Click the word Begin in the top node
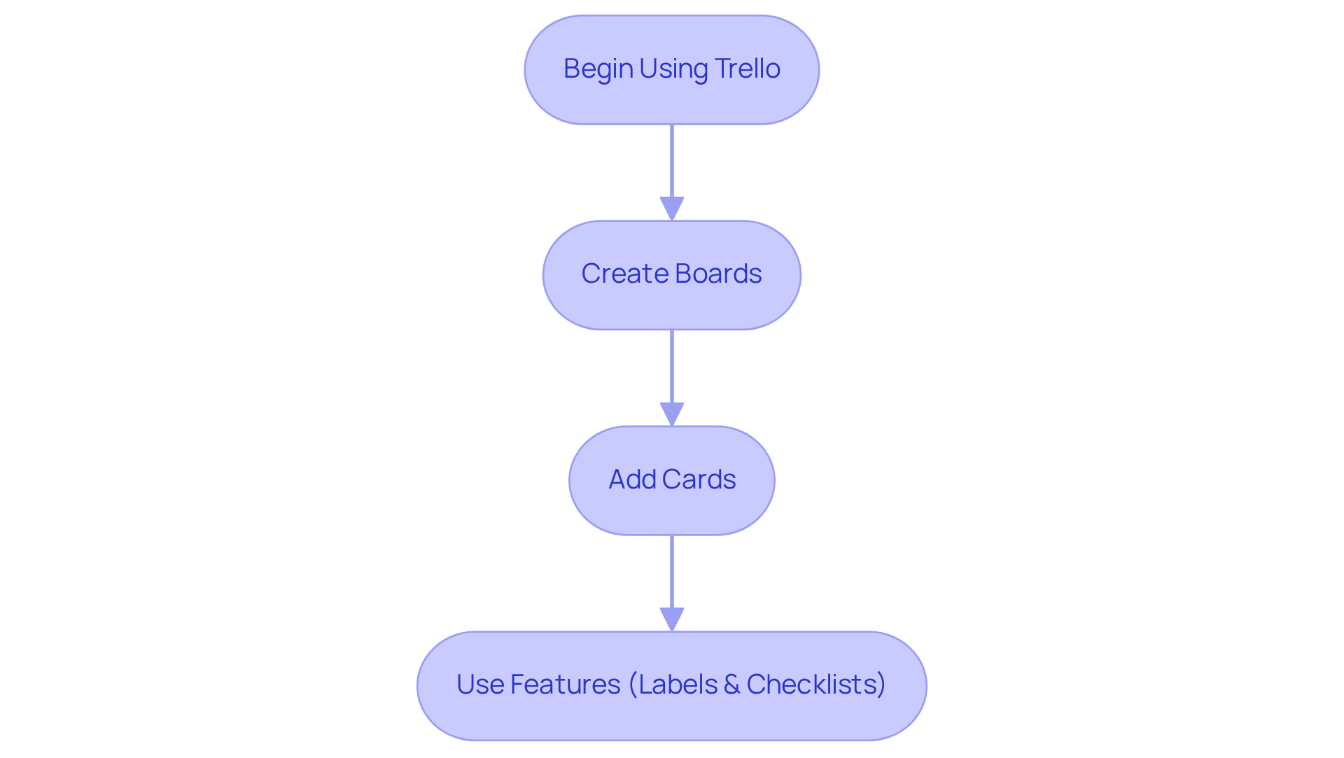tap(598, 69)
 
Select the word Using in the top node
tap(673, 69)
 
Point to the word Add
tap(632, 479)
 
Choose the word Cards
tap(699, 479)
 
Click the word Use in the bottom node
tap(479, 685)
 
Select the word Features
tap(565, 685)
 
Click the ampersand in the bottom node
tap(731, 685)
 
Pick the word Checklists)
tap(816, 685)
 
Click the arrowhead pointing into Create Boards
tap(672, 209)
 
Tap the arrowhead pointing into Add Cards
tap(672, 414)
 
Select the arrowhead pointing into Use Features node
tap(672, 619)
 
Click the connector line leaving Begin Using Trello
tap(672, 161)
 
